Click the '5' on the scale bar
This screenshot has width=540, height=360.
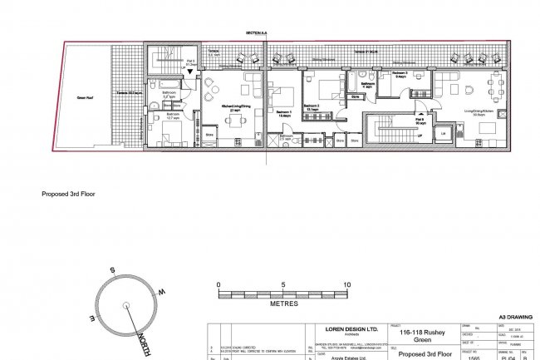283,284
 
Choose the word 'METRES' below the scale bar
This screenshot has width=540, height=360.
283,304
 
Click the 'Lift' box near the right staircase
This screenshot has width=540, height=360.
442,132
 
